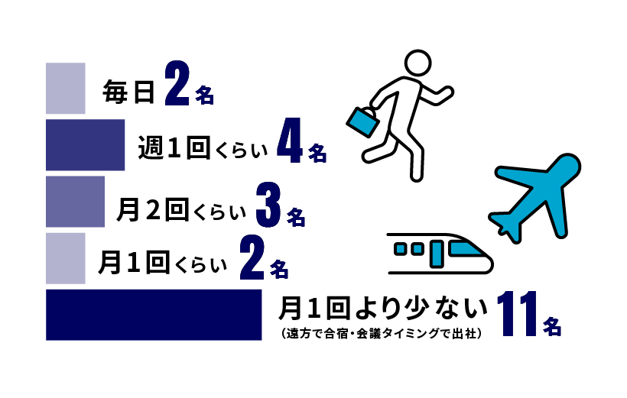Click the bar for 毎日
click(66, 89)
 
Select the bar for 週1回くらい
click(85, 145)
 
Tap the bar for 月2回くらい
click(75, 202)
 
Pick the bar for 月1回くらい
click(66, 258)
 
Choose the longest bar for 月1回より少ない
click(154, 315)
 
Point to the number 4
click(289, 141)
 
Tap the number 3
click(268, 205)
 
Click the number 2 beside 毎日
click(177, 83)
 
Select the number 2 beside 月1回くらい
click(252, 257)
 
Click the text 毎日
click(128, 92)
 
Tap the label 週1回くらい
click(203, 148)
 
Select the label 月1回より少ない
click(383, 308)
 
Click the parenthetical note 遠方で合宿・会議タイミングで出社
click(382, 333)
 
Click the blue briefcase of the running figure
click(362, 121)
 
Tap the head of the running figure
click(417, 63)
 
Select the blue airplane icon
click(534, 196)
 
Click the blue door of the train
click(437, 254)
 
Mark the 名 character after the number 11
click(552, 326)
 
